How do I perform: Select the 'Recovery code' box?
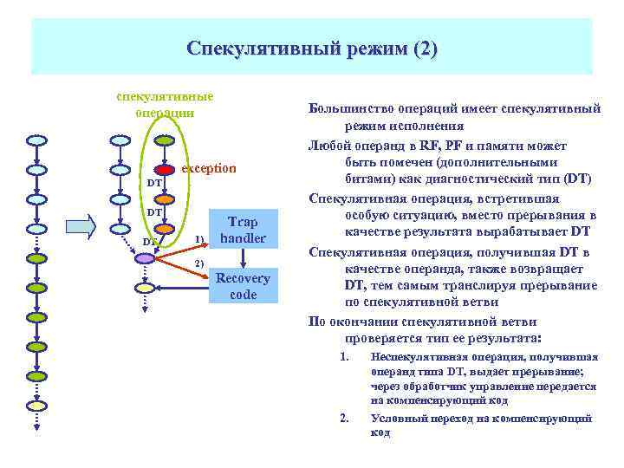[243, 286]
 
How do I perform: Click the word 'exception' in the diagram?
[208, 168]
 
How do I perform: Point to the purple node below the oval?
[143, 257]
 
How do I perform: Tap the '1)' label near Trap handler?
[199, 238]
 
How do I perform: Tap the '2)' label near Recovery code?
[199, 263]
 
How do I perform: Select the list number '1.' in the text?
[344, 356]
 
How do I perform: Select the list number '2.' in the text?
[344, 419]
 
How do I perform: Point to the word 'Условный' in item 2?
[396, 419]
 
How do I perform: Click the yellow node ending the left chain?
[36, 406]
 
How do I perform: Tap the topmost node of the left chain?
[36, 140]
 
